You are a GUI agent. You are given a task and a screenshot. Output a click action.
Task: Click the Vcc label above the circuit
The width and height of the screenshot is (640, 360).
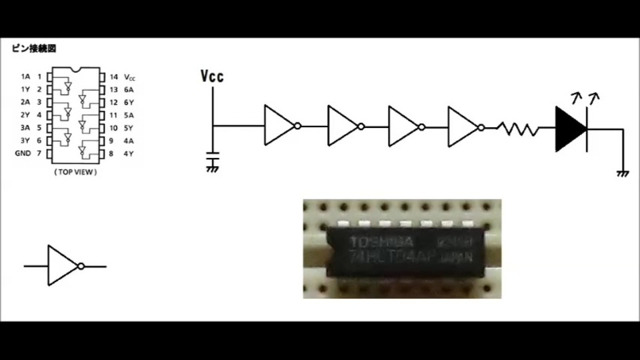pos(212,75)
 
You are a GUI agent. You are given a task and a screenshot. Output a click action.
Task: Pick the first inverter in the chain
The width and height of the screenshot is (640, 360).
pos(280,125)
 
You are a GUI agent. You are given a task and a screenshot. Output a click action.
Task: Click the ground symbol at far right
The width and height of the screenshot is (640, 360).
pos(623,173)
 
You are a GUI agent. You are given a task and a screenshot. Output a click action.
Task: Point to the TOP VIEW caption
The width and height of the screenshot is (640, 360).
pos(75,172)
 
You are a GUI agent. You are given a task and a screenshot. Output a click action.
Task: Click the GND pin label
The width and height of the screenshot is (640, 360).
pos(23,153)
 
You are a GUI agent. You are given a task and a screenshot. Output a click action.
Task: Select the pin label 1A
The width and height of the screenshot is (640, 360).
pos(25,77)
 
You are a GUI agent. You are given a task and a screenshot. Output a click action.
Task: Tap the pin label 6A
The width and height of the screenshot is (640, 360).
pos(129,89)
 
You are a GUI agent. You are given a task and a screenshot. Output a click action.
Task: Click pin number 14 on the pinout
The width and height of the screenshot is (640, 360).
pos(113,77)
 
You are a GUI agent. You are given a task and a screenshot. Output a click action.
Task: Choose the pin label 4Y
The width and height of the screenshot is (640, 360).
pos(129,154)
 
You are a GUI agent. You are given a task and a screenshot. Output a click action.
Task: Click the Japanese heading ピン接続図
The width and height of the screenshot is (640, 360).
pos(33,49)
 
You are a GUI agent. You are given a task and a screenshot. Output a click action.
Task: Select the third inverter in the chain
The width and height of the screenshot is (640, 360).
pos(405,125)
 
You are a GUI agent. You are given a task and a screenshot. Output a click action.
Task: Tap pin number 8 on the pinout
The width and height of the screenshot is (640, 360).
pos(111,154)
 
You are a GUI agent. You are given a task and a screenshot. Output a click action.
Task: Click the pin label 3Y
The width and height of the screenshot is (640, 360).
pos(25,141)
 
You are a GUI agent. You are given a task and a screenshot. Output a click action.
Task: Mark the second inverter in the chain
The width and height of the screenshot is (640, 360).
pos(343,125)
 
